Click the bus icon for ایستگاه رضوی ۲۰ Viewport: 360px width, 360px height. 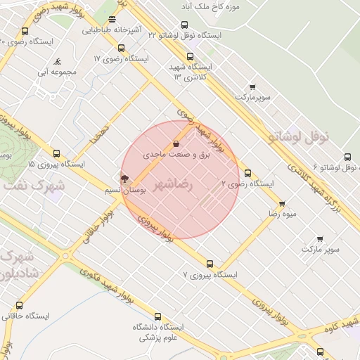(x=25, y=32)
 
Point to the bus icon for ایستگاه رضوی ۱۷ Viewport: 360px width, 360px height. (x=122, y=49)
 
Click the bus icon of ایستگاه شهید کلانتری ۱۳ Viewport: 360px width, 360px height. (x=189, y=57)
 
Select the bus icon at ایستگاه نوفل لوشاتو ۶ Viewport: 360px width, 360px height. (x=347, y=158)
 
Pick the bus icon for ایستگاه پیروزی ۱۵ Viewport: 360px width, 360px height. (x=57, y=153)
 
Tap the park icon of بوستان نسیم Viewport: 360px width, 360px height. (x=124, y=179)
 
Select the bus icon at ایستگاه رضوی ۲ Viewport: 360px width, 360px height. (x=247, y=173)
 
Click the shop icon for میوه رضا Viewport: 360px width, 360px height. (x=282, y=203)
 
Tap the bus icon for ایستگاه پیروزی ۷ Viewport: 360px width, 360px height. (x=210, y=264)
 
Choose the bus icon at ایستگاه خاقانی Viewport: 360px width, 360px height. (x=19, y=306)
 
